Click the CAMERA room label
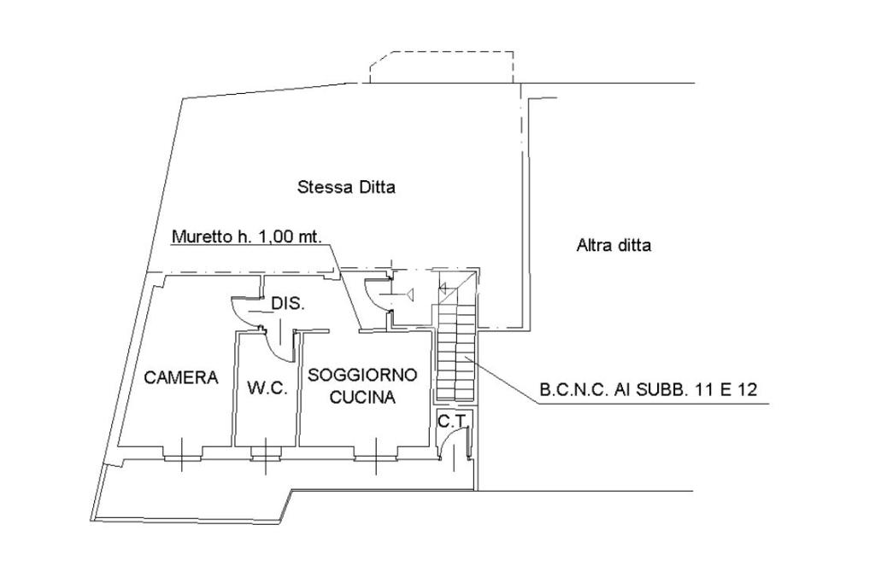181,377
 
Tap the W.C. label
267,388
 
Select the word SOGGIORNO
362,375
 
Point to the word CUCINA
362,397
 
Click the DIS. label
288,304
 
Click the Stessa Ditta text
346,187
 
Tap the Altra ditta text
614,246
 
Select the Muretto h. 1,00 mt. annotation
247,236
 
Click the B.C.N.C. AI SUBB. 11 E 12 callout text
648,391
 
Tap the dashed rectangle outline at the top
441,65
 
